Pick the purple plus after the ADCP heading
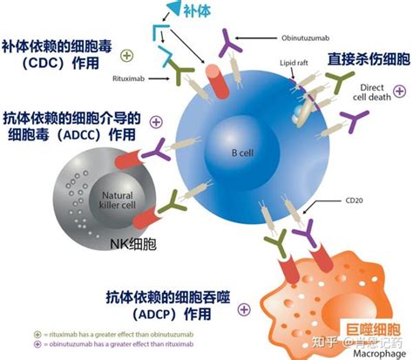point(244,309)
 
